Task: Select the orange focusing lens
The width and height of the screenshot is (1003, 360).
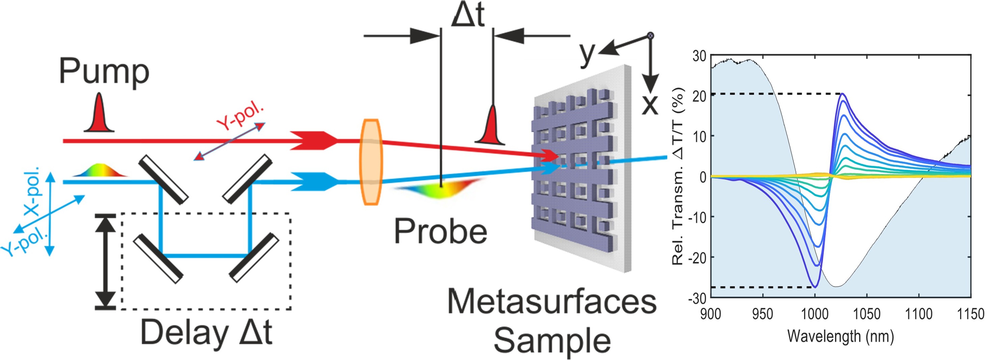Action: [x=371, y=162]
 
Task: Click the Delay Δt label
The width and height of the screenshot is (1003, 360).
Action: [x=206, y=332]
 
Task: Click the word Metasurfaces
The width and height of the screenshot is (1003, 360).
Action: [x=552, y=302]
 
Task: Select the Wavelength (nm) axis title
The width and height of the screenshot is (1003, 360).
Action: [x=840, y=336]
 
